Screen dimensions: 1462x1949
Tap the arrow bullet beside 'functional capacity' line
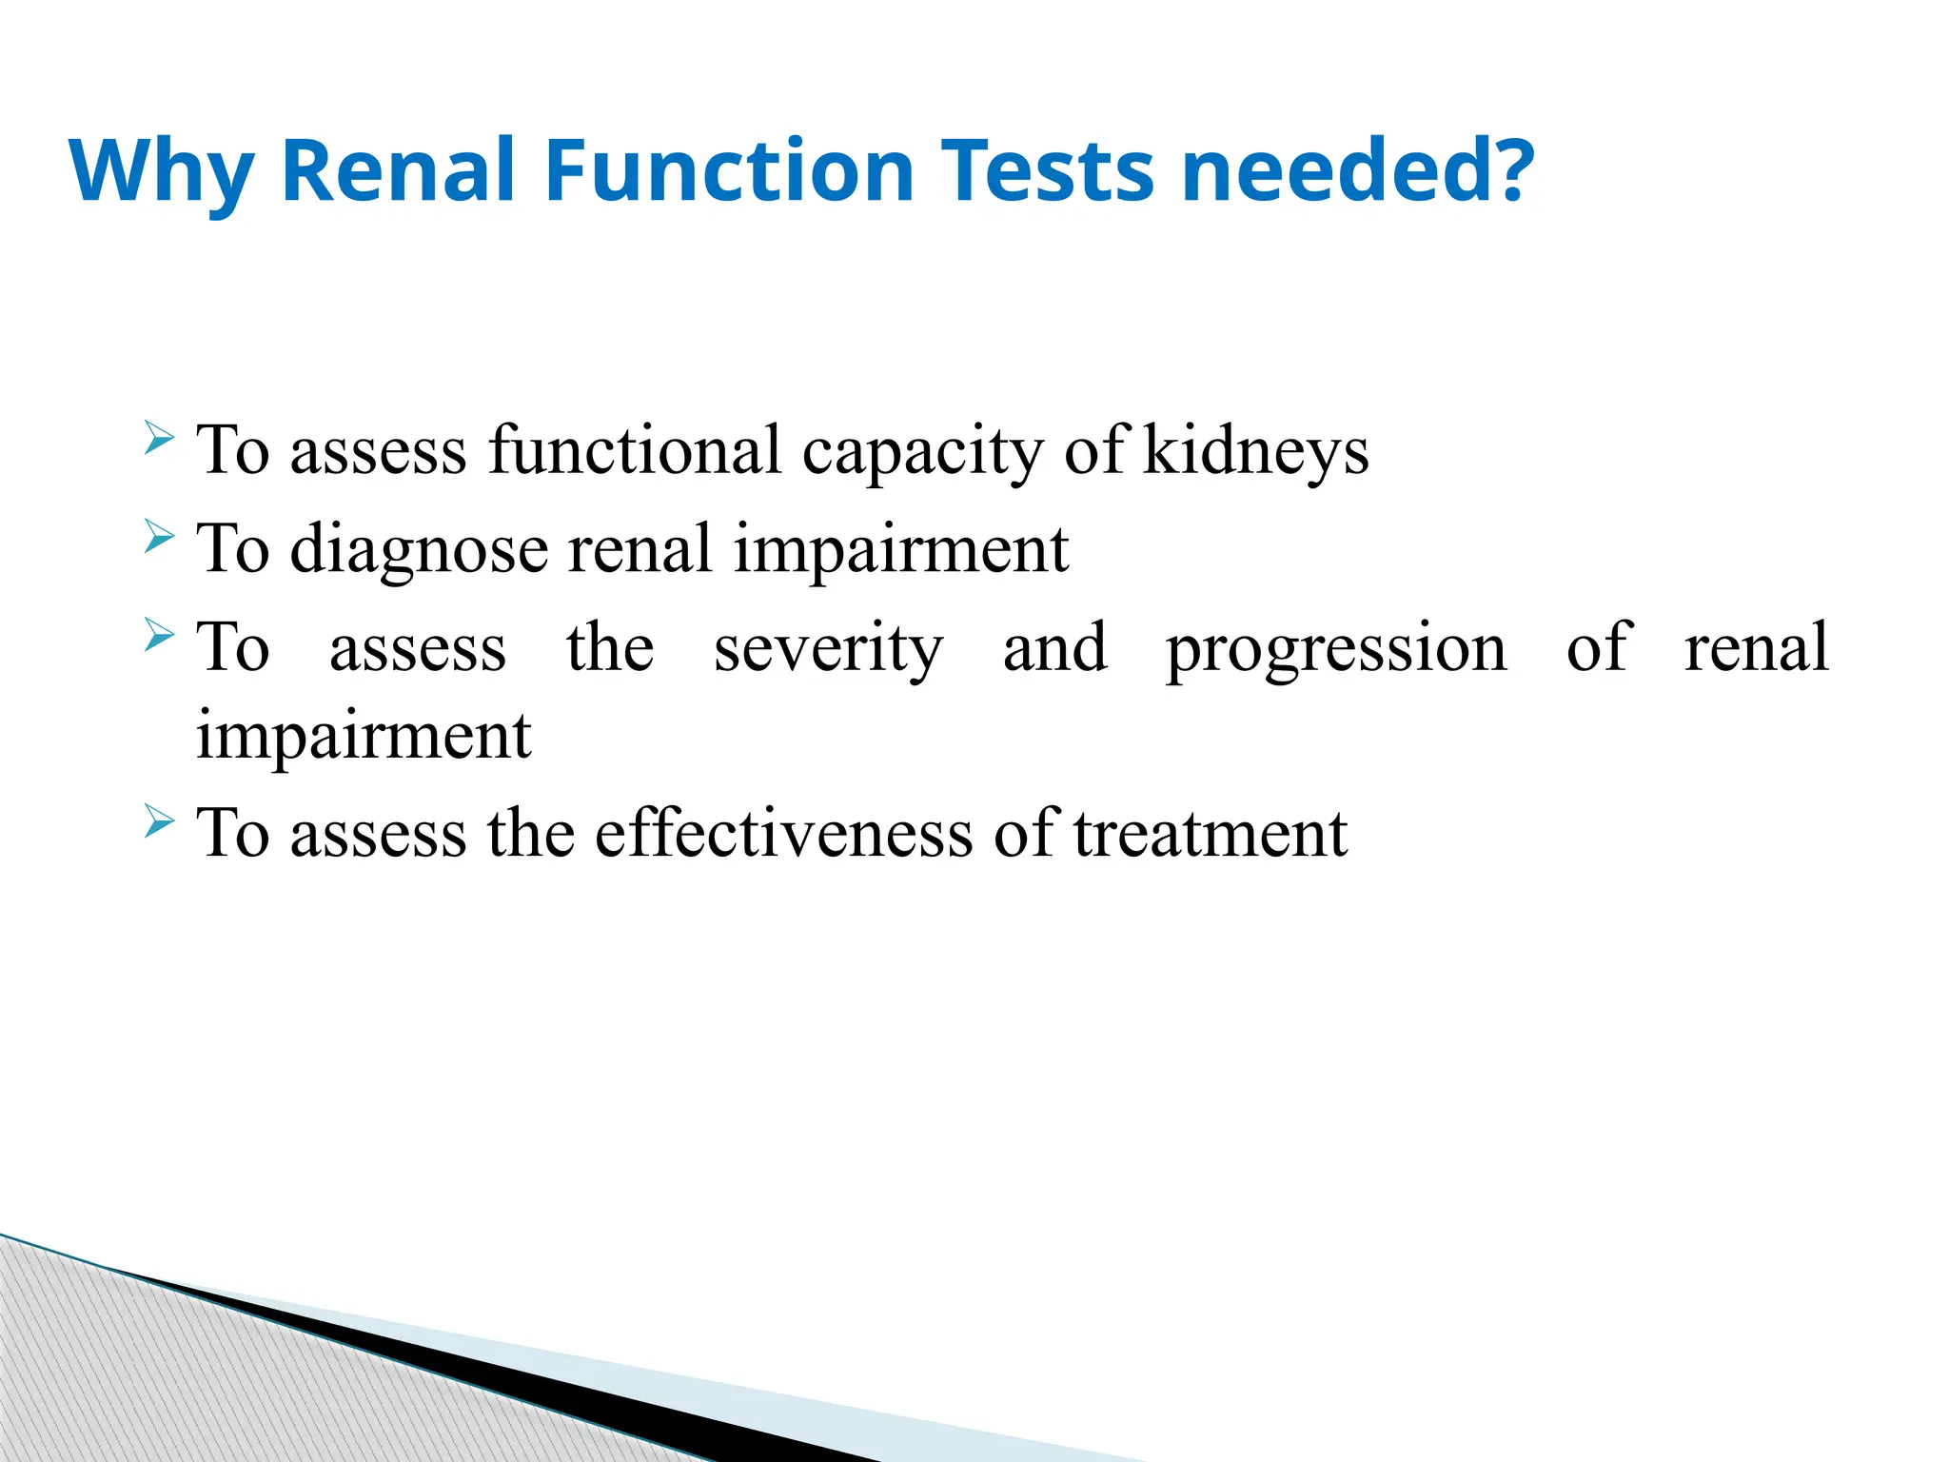[x=159, y=439]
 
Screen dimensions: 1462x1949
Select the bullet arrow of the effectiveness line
[x=159, y=820]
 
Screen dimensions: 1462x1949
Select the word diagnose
[x=420, y=551]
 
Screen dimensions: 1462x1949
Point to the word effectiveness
[x=781, y=834]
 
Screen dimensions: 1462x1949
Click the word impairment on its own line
[x=363, y=737]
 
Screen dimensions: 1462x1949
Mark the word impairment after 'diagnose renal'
[x=900, y=550]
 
